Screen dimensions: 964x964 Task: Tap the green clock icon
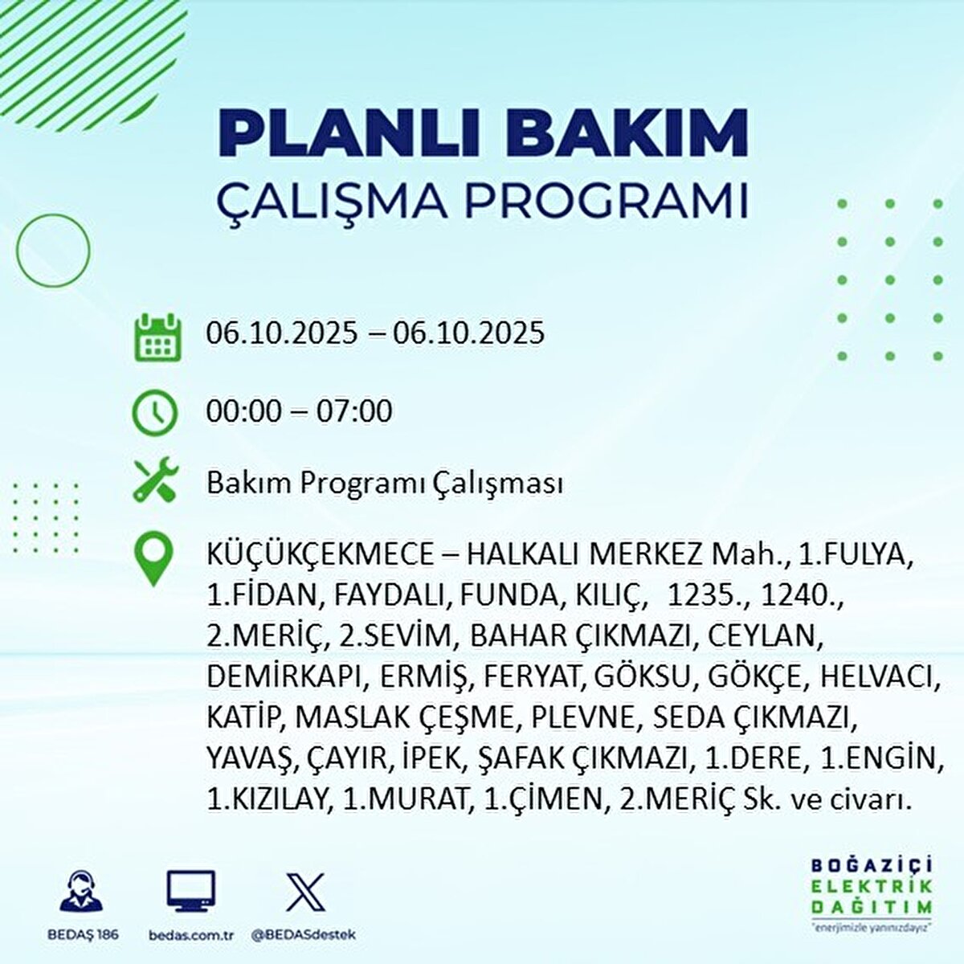(154, 413)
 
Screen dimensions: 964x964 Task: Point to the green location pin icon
(153, 560)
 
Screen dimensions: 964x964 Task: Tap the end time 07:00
(354, 411)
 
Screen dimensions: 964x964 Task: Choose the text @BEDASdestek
(304, 935)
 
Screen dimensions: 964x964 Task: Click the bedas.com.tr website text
(191, 935)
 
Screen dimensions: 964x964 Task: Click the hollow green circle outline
(53, 251)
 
